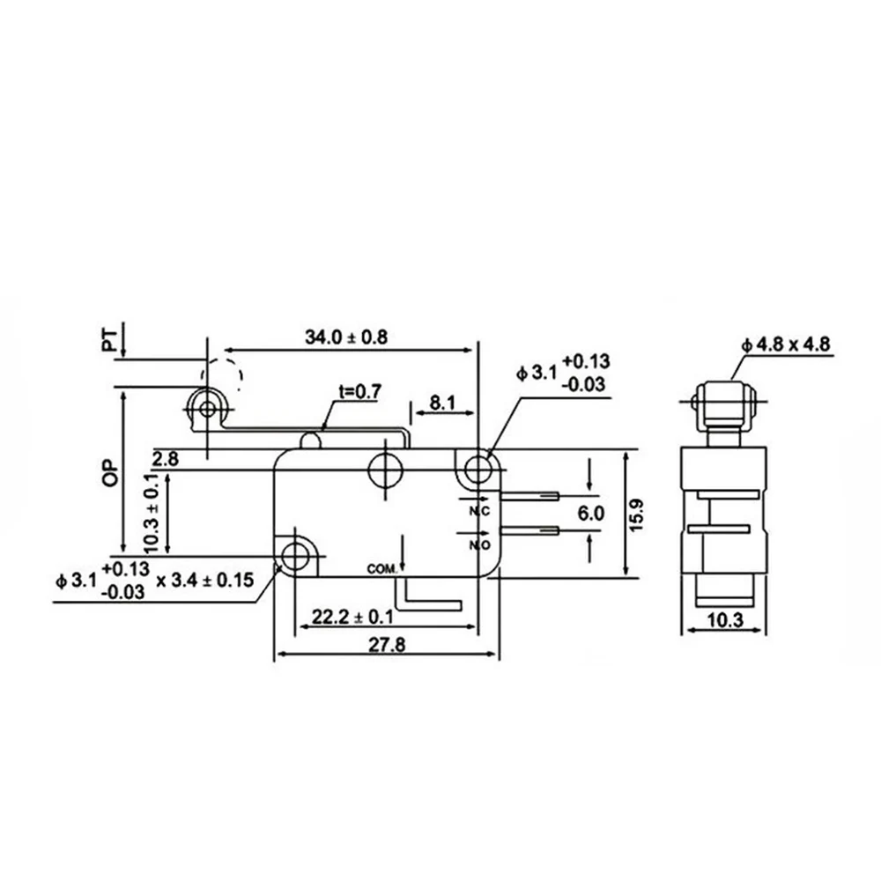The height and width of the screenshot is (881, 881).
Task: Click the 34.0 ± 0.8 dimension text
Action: [346, 337]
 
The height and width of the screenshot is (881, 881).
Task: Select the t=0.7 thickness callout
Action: [357, 393]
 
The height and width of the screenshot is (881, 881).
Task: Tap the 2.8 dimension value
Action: [165, 458]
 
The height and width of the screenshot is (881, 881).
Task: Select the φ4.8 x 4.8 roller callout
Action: [786, 345]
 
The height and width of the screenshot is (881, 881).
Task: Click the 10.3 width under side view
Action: [723, 620]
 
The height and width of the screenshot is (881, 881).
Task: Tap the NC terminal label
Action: [478, 510]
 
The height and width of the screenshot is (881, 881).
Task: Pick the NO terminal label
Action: [478, 545]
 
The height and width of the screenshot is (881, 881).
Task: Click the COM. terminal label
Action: [381, 570]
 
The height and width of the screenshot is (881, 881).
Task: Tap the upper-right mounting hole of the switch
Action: [477, 468]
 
